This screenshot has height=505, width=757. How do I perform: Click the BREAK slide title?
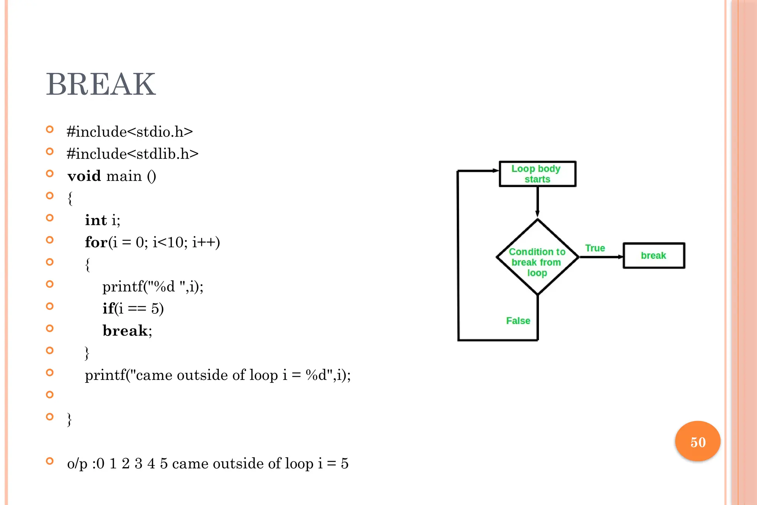tap(101, 84)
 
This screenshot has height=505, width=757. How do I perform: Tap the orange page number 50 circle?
tap(697, 441)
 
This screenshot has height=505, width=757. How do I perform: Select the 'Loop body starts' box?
tap(537, 174)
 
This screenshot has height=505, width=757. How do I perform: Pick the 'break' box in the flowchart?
tap(654, 256)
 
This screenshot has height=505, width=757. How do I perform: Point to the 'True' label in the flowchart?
tap(595, 248)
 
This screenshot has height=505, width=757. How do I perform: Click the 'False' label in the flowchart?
tap(518, 321)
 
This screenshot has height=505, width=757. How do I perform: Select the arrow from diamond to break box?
tap(601, 257)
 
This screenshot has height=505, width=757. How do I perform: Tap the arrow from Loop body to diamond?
tap(537, 202)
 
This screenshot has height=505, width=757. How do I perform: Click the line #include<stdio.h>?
tap(130, 132)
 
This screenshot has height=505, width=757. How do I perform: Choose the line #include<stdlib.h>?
tap(132, 154)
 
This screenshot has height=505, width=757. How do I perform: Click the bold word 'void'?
tap(84, 176)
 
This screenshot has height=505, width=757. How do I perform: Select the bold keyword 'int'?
tap(96, 220)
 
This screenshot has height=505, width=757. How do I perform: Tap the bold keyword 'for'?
tap(96, 242)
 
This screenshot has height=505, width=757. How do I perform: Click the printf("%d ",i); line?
tap(153, 287)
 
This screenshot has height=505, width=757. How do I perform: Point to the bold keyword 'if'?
tap(108, 309)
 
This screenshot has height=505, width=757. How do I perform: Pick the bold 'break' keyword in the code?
tap(125, 331)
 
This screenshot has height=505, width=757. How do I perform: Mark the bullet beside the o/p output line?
tap(50, 461)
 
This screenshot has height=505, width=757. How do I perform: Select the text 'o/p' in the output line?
tap(77, 464)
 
